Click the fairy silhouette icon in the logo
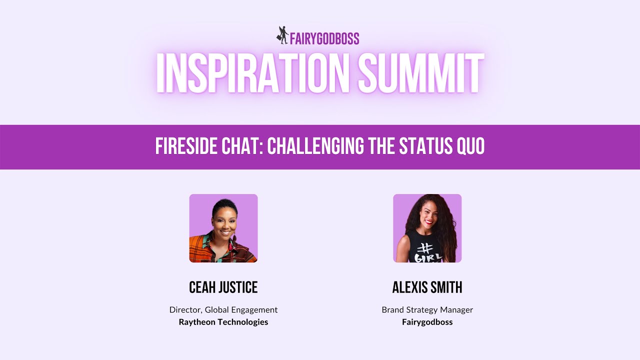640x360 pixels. [x=282, y=35]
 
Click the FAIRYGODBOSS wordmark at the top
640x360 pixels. [x=324, y=38]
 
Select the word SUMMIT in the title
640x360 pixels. [x=421, y=73]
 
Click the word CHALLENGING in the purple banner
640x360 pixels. [x=315, y=146]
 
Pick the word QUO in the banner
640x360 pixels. [x=470, y=146]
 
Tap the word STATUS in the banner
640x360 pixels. [x=425, y=146]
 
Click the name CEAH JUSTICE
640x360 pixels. [x=223, y=287]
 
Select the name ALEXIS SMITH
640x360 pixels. [x=427, y=287]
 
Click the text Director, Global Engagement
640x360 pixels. [x=223, y=309]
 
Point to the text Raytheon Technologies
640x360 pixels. [x=223, y=322]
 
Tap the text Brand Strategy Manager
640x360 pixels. [x=427, y=309]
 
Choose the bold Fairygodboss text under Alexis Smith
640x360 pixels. [x=427, y=322]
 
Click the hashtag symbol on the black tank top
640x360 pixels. [x=425, y=248]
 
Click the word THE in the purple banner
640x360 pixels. [x=381, y=146]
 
